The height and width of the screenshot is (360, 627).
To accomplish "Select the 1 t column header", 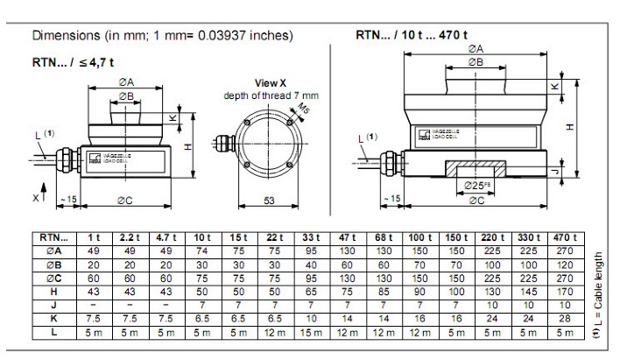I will [94, 237].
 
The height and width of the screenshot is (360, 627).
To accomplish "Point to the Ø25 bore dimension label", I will [477, 185].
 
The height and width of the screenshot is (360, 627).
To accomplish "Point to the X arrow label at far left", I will [37, 198].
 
